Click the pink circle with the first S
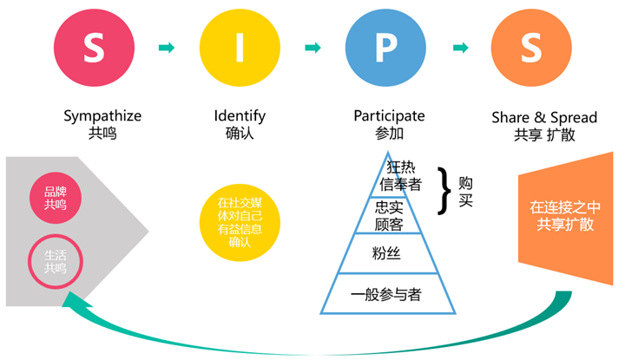(93, 47)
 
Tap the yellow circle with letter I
(239, 47)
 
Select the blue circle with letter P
(385, 47)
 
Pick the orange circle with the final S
(530, 47)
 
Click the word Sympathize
(102, 115)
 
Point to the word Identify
(240, 115)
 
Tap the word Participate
(389, 115)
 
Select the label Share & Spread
(532, 115)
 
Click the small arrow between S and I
(166, 47)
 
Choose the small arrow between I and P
(312, 47)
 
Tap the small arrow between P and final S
(458, 47)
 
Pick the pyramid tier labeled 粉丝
(389, 254)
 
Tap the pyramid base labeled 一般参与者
(387, 294)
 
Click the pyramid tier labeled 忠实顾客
(389, 214)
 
